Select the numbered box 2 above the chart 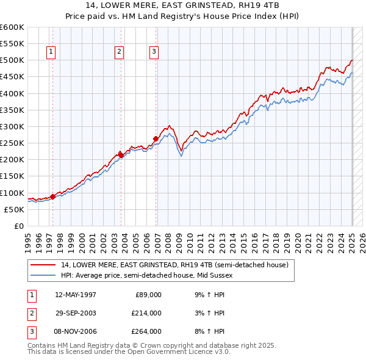click(119, 52)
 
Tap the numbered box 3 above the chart click(154, 52)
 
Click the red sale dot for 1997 click(53, 196)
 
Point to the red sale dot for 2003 click(121, 155)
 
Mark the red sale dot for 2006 click(156, 139)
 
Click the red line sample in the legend click(43, 265)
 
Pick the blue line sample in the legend click(43, 275)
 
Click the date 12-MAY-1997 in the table click(76, 295)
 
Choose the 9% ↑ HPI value click(207, 295)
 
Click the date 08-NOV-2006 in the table click(76, 331)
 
